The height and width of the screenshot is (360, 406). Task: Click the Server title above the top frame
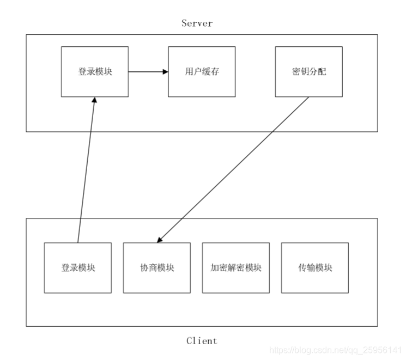(x=197, y=23)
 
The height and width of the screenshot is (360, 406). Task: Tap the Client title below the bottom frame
(x=202, y=341)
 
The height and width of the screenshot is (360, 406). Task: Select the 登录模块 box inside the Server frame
(x=95, y=71)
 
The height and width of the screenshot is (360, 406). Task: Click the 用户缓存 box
(x=202, y=71)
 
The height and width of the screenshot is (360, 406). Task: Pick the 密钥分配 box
(x=308, y=71)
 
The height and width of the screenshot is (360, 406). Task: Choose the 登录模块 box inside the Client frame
(x=78, y=268)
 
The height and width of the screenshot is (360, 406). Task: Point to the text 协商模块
(x=157, y=268)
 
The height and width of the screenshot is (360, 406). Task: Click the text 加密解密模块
(x=236, y=268)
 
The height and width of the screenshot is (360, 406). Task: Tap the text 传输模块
(x=315, y=268)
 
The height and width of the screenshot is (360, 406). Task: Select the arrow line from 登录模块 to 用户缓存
(x=147, y=71)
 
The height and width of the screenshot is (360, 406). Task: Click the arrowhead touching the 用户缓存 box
(x=165, y=71)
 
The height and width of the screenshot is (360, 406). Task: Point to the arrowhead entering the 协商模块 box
(x=160, y=240)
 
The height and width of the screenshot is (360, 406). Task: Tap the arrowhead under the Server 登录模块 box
(x=94, y=101)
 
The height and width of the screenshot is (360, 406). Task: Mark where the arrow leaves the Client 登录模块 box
(x=78, y=242)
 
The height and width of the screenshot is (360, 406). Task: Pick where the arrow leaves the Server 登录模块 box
(x=129, y=71)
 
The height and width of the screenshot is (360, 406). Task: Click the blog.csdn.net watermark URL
(x=336, y=349)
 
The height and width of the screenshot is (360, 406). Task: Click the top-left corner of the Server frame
(x=26, y=35)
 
